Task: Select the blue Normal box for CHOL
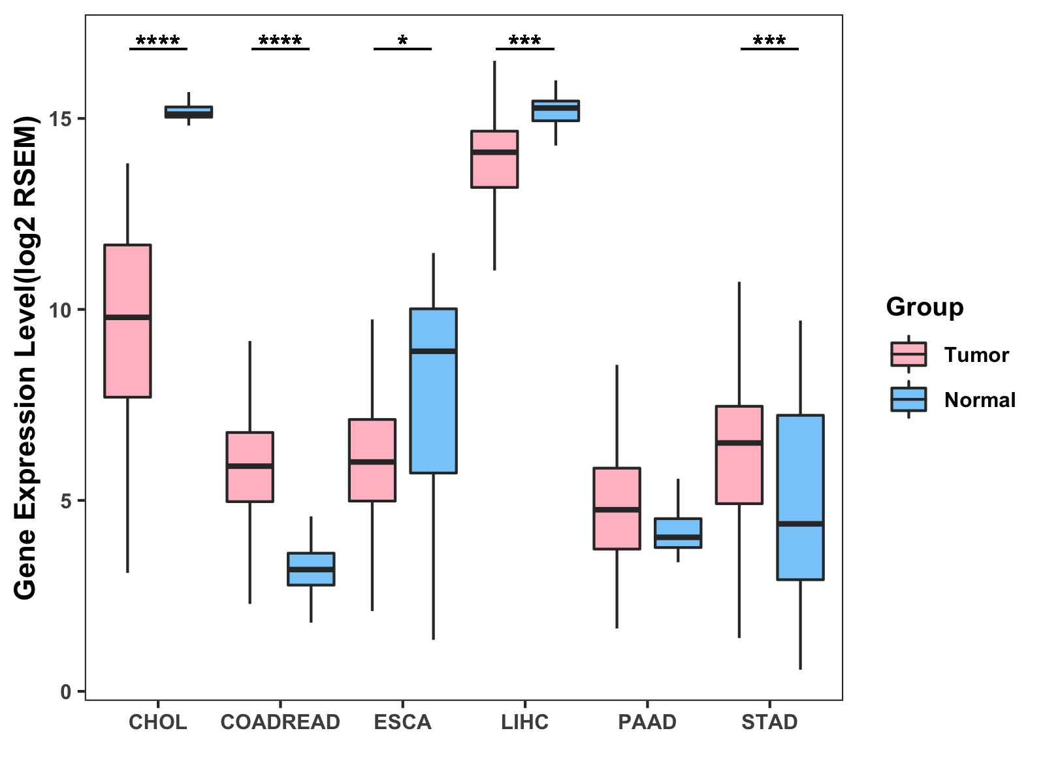click(x=189, y=112)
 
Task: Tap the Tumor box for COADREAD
click(x=249, y=483)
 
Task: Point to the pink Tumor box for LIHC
click(x=494, y=170)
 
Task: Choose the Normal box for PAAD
click(x=678, y=532)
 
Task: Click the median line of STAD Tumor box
click(x=739, y=443)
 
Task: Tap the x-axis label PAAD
click(x=647, y=723)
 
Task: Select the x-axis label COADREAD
click(x=280, y=723)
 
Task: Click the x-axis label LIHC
click(x=525, y=723)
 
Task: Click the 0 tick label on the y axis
click(x=65, y=691)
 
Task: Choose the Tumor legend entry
click(x=976, y=355)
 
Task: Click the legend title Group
click(x=925, y=306)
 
